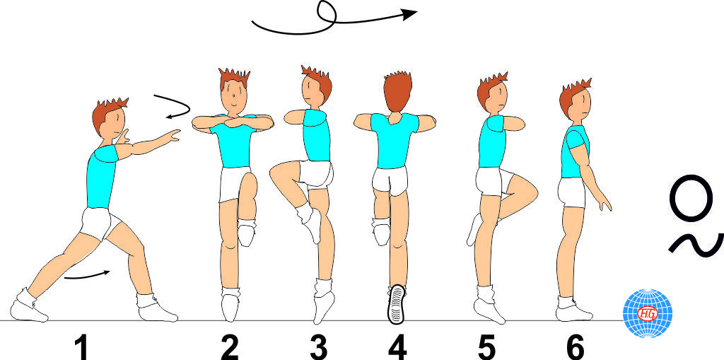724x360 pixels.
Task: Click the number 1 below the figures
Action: tap(82, 347)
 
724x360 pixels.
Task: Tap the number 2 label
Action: tap(230, 347)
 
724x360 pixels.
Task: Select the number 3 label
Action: tap(319, 347)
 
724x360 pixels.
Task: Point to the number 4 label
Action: tap(397, 347)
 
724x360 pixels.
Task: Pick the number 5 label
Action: tap(486, 347)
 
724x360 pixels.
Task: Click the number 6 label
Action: tap(576, 347)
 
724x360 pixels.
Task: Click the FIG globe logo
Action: tap(648, 313)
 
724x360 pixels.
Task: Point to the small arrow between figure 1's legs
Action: tap(87, 275)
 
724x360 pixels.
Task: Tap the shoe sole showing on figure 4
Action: tap(397, 303)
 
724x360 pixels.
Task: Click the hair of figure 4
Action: tap(397, 91)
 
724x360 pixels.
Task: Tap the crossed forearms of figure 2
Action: tap(233, 122)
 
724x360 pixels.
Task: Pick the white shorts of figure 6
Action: tap(571, 192)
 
